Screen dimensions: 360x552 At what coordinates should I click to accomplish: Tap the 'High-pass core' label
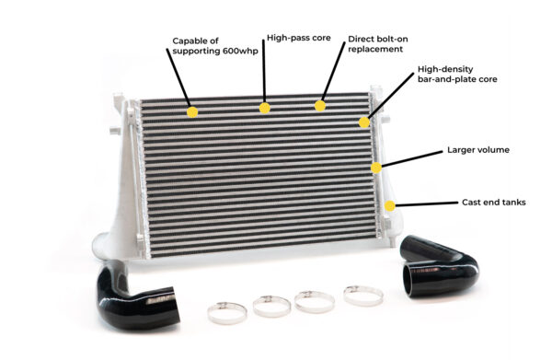292,39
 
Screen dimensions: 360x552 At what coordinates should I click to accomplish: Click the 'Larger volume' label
477,148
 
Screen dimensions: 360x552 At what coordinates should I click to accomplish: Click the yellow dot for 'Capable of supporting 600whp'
192,112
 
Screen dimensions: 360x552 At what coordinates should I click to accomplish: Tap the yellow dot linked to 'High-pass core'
265,108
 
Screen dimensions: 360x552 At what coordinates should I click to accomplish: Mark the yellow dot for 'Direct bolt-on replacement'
320,105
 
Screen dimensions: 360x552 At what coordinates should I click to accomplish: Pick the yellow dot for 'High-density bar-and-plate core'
364,122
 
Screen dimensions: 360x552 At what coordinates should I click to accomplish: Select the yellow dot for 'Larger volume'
376,168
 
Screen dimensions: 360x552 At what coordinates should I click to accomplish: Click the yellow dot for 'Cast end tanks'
391,205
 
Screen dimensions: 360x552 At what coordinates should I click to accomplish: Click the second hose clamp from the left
271,304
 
